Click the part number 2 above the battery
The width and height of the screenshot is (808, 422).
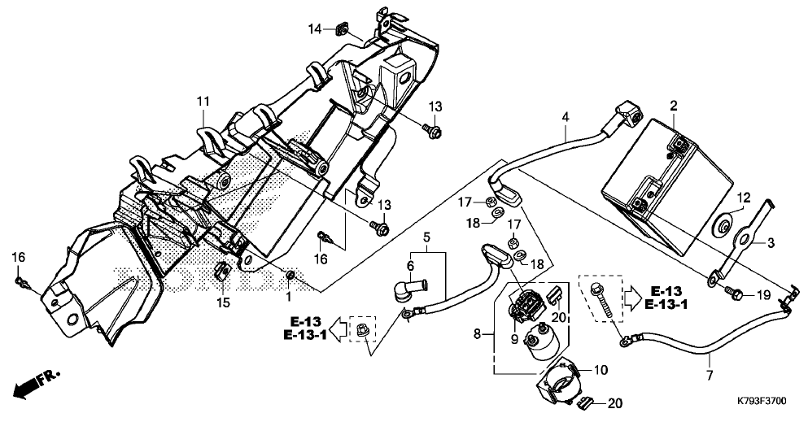pos(674,106)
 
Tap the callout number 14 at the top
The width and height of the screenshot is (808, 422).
pos(314,30)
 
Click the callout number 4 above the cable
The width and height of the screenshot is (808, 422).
pos(565,117)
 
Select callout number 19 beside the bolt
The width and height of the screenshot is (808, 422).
pos(762,294)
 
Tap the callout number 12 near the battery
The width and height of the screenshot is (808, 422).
pos(742,197)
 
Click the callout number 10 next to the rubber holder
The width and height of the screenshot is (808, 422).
pos(601,370)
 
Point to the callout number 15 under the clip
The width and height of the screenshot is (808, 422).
pos(223,302)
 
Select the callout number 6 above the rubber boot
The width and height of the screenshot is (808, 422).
pos(411,266)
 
